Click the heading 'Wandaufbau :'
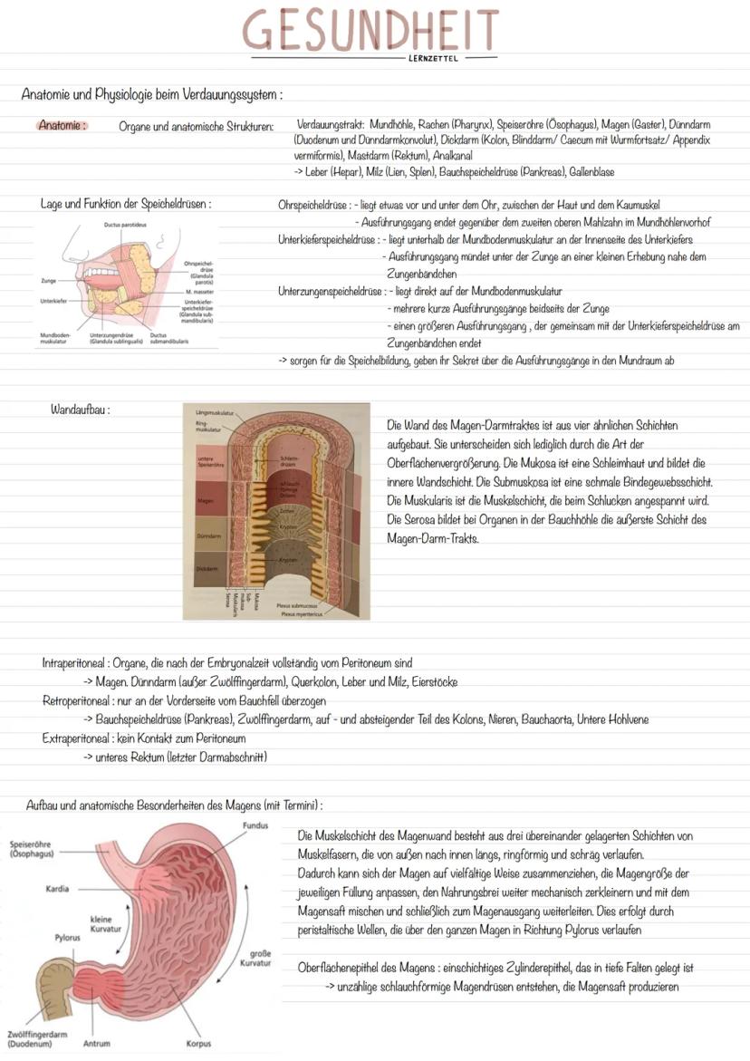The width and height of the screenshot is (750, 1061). coord(81,410)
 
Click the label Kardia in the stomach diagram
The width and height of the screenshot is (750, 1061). coord(57,888)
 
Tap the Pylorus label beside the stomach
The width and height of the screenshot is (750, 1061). coord(66,938)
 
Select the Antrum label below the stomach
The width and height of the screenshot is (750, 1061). coord(96,1043)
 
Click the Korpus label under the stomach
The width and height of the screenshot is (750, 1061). coord(198,1043)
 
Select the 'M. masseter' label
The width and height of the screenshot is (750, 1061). coord(198,292)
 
